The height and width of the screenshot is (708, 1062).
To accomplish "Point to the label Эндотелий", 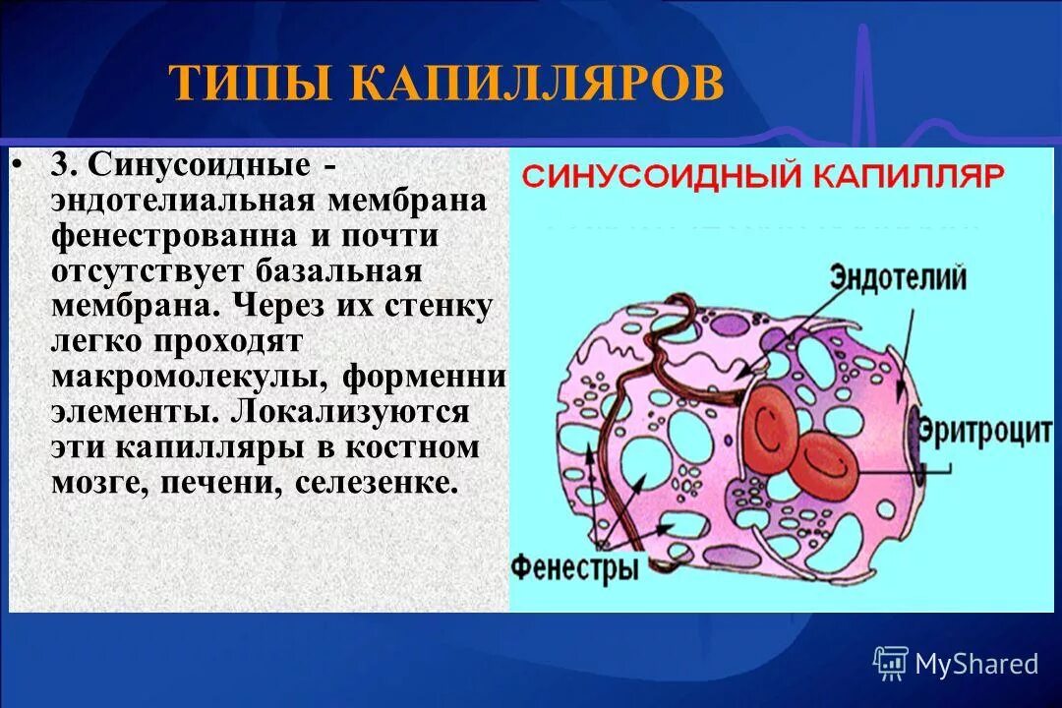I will click(898, 276).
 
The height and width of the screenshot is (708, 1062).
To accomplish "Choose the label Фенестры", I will click(575, 567).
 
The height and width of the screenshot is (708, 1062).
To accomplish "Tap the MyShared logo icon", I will click(891, 664).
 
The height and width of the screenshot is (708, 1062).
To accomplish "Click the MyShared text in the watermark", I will click(975, 665).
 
